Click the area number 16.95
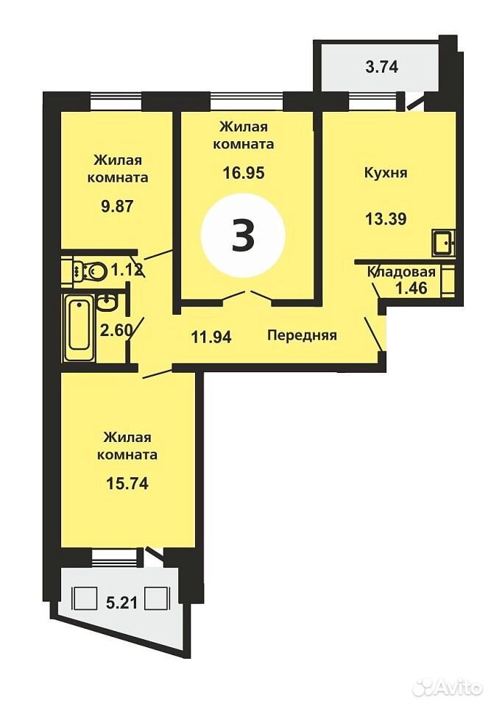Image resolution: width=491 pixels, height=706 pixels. pos(244,172)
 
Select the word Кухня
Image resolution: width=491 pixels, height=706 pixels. pos(386,172)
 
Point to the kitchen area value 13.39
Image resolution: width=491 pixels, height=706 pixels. pos(386,219)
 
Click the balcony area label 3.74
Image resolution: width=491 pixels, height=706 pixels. pos(382,67)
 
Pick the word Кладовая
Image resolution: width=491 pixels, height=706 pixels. pos(402,272)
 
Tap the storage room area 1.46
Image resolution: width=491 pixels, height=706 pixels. pos(411,288)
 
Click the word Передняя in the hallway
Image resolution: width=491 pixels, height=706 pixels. pos(302,335)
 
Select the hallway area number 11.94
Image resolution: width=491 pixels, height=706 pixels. pos(211,336)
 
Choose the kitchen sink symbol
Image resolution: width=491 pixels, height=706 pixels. pos(443,242)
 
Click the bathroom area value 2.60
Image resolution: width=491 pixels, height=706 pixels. pos(117,330)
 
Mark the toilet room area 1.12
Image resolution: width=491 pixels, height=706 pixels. pos(127,270)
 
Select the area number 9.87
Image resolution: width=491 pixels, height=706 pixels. pos(117,206)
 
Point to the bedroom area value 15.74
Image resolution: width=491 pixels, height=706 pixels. pos(127,484)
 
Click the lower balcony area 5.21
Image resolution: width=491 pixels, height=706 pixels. pos(121,602)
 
